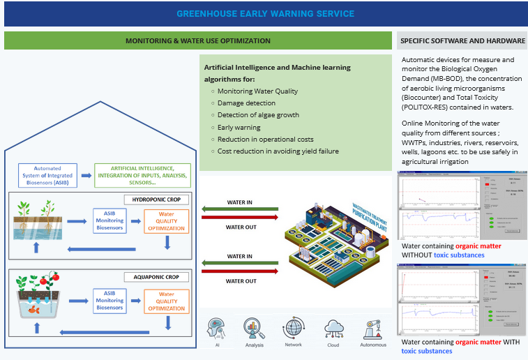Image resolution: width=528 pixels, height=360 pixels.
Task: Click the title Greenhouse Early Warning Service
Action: coord(264,14)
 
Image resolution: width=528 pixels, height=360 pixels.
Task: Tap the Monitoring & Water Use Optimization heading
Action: coord(197,41)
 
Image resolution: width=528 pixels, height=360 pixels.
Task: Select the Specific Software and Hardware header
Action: coord(461,41)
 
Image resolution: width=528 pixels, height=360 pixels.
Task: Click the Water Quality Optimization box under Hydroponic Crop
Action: coord(167,220)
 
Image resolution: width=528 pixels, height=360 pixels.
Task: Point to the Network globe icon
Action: coord(293,329)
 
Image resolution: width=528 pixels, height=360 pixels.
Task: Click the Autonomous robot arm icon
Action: coord(371,329)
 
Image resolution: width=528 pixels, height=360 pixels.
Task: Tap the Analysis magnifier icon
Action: coord(254,329)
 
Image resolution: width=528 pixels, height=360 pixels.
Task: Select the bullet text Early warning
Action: coord(239,127)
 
